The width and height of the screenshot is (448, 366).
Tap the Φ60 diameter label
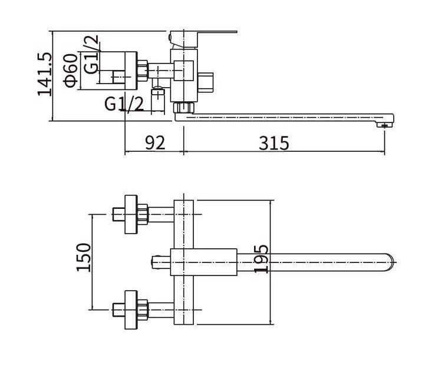coord(71,70)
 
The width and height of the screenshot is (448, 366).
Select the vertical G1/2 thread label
coord(92,55)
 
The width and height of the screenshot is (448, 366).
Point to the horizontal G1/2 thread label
coord(124,104)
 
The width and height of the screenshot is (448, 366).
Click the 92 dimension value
coord(155,142)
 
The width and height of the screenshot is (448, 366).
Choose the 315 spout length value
coord(274,143)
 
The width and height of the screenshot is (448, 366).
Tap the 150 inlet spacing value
coord(84,257)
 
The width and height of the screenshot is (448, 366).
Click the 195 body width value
coord(261,259)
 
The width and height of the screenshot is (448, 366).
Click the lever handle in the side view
coord(203,38)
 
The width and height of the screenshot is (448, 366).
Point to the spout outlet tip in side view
coord(384,124)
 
